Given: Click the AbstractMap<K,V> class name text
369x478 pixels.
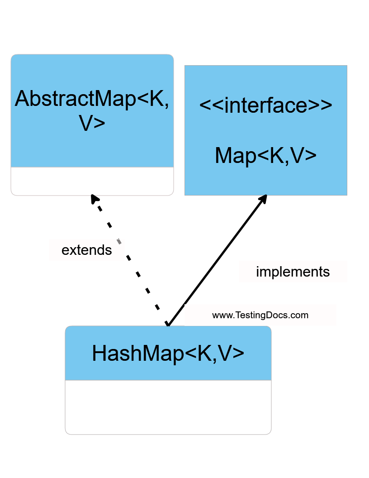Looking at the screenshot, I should point(92,110).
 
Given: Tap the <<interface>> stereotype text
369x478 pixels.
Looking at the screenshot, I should point(265,105).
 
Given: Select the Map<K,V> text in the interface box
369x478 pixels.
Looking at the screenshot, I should point(265,155).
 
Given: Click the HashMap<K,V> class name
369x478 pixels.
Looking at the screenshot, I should point(168,353).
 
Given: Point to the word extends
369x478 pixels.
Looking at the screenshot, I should point(86,250).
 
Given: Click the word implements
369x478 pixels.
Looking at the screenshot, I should point(293,272).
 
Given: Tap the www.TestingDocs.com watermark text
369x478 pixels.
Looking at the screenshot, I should point(260,315).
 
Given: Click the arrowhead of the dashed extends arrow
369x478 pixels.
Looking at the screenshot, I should point(94,199).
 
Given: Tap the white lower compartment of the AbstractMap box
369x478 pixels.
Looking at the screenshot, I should point(92,181).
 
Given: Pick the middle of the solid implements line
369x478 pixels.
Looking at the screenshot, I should point(216,261).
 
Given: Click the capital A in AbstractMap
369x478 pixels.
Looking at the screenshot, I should point(22,99).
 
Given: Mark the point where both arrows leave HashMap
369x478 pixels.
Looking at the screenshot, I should point(167,325).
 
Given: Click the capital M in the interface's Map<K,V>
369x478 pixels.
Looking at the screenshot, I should point(224,155).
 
